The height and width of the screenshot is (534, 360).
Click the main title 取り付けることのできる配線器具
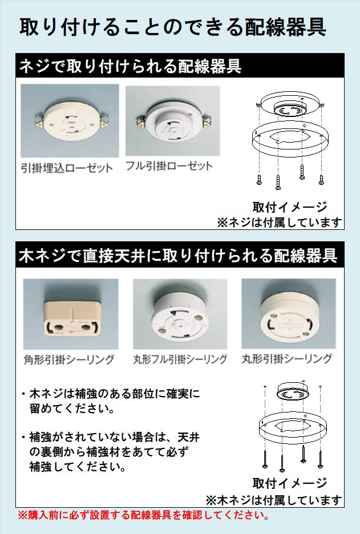tap(173, 27)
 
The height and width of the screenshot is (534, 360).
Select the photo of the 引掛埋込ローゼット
tap(70, 120)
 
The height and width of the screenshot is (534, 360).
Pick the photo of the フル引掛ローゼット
tap(173, 120)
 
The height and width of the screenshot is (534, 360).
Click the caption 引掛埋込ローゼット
tap(67, 168)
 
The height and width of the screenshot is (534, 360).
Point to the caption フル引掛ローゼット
tap(169, 166)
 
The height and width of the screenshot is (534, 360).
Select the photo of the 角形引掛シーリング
tap(71, 314)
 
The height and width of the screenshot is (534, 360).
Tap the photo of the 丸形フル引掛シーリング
tap(180, 314)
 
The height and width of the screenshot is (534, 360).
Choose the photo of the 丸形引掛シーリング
tap(289, 313)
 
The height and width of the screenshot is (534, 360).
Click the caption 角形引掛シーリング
tap(69, 359)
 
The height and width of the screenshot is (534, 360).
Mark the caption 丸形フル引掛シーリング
tap(180, 359)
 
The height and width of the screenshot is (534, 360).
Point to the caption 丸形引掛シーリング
tap(287, 358)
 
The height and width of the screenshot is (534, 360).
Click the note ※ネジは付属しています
tap(280, 222)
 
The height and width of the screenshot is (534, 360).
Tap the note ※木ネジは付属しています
tap(274, 500)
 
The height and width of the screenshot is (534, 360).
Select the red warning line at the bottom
tap(143, 515)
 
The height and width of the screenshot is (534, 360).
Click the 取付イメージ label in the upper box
tap(289, 207)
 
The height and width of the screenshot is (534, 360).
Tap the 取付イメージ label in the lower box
tap(289, 483)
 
